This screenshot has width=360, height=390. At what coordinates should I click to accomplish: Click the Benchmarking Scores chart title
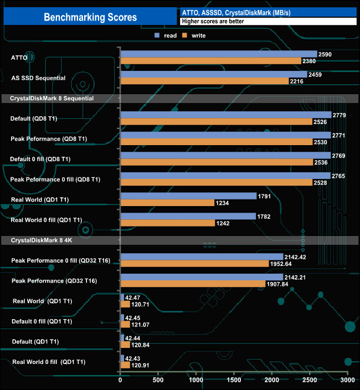click(90, 17)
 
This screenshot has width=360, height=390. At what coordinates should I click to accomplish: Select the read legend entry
click(166, 35)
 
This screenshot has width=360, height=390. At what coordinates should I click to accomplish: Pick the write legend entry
click(194, 35)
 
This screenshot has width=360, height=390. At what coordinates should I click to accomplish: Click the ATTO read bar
click(218, 54)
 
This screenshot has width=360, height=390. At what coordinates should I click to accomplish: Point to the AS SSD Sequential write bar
click(203, 81)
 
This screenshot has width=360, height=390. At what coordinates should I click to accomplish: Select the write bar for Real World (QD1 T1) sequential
click(167, 203)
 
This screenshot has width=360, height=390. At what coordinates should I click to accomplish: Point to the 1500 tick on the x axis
click(234, 381)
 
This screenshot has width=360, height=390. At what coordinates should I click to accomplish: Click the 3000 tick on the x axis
click(347, 381)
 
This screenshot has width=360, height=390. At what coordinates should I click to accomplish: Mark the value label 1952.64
click(282, 264)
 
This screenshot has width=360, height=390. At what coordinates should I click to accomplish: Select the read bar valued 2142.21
click(202, 277)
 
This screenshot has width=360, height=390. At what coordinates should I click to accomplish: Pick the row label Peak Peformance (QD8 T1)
click(49, 138)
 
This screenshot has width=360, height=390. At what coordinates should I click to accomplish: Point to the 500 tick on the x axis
click(158, 381)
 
